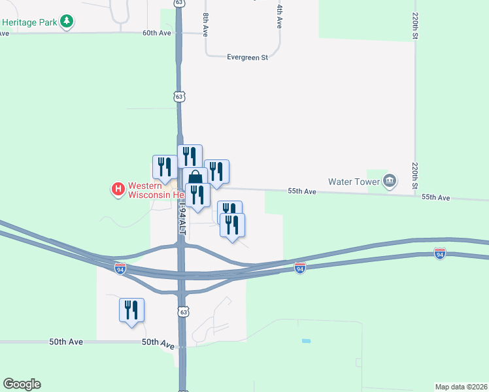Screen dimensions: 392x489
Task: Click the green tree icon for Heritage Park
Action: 66,22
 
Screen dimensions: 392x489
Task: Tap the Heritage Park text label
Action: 29,22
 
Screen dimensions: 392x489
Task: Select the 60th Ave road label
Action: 156,32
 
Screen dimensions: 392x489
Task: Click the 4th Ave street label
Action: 279,16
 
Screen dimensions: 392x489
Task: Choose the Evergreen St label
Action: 248,57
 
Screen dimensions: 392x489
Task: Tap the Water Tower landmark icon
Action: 390,180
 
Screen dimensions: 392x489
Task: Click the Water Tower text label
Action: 354,180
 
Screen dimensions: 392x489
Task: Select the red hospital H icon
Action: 118,189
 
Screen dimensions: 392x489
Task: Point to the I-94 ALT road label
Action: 183,220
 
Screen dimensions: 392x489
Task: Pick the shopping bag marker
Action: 195,178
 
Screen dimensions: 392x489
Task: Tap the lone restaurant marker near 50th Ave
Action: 131,310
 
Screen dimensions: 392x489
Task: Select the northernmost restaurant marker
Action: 190,156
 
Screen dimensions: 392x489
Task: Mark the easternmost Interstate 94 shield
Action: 439,253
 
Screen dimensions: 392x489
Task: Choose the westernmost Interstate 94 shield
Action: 120,269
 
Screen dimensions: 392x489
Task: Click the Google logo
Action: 22,384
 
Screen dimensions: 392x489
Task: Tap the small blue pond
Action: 306,341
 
